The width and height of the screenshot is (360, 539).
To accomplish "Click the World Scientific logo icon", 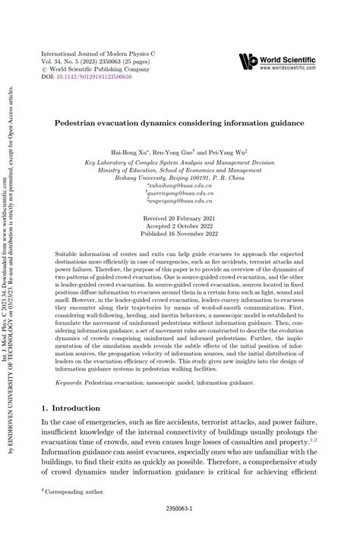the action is point(248,61).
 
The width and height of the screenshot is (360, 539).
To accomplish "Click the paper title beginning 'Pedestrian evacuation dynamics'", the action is point(179,121).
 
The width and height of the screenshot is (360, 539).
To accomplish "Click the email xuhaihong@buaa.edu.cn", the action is point(180,184).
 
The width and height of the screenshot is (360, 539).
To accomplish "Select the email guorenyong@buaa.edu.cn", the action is point(180,194).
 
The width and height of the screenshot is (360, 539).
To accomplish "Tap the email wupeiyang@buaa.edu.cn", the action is point(180,203).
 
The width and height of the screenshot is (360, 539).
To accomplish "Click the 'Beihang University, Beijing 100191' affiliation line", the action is point(179,177).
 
